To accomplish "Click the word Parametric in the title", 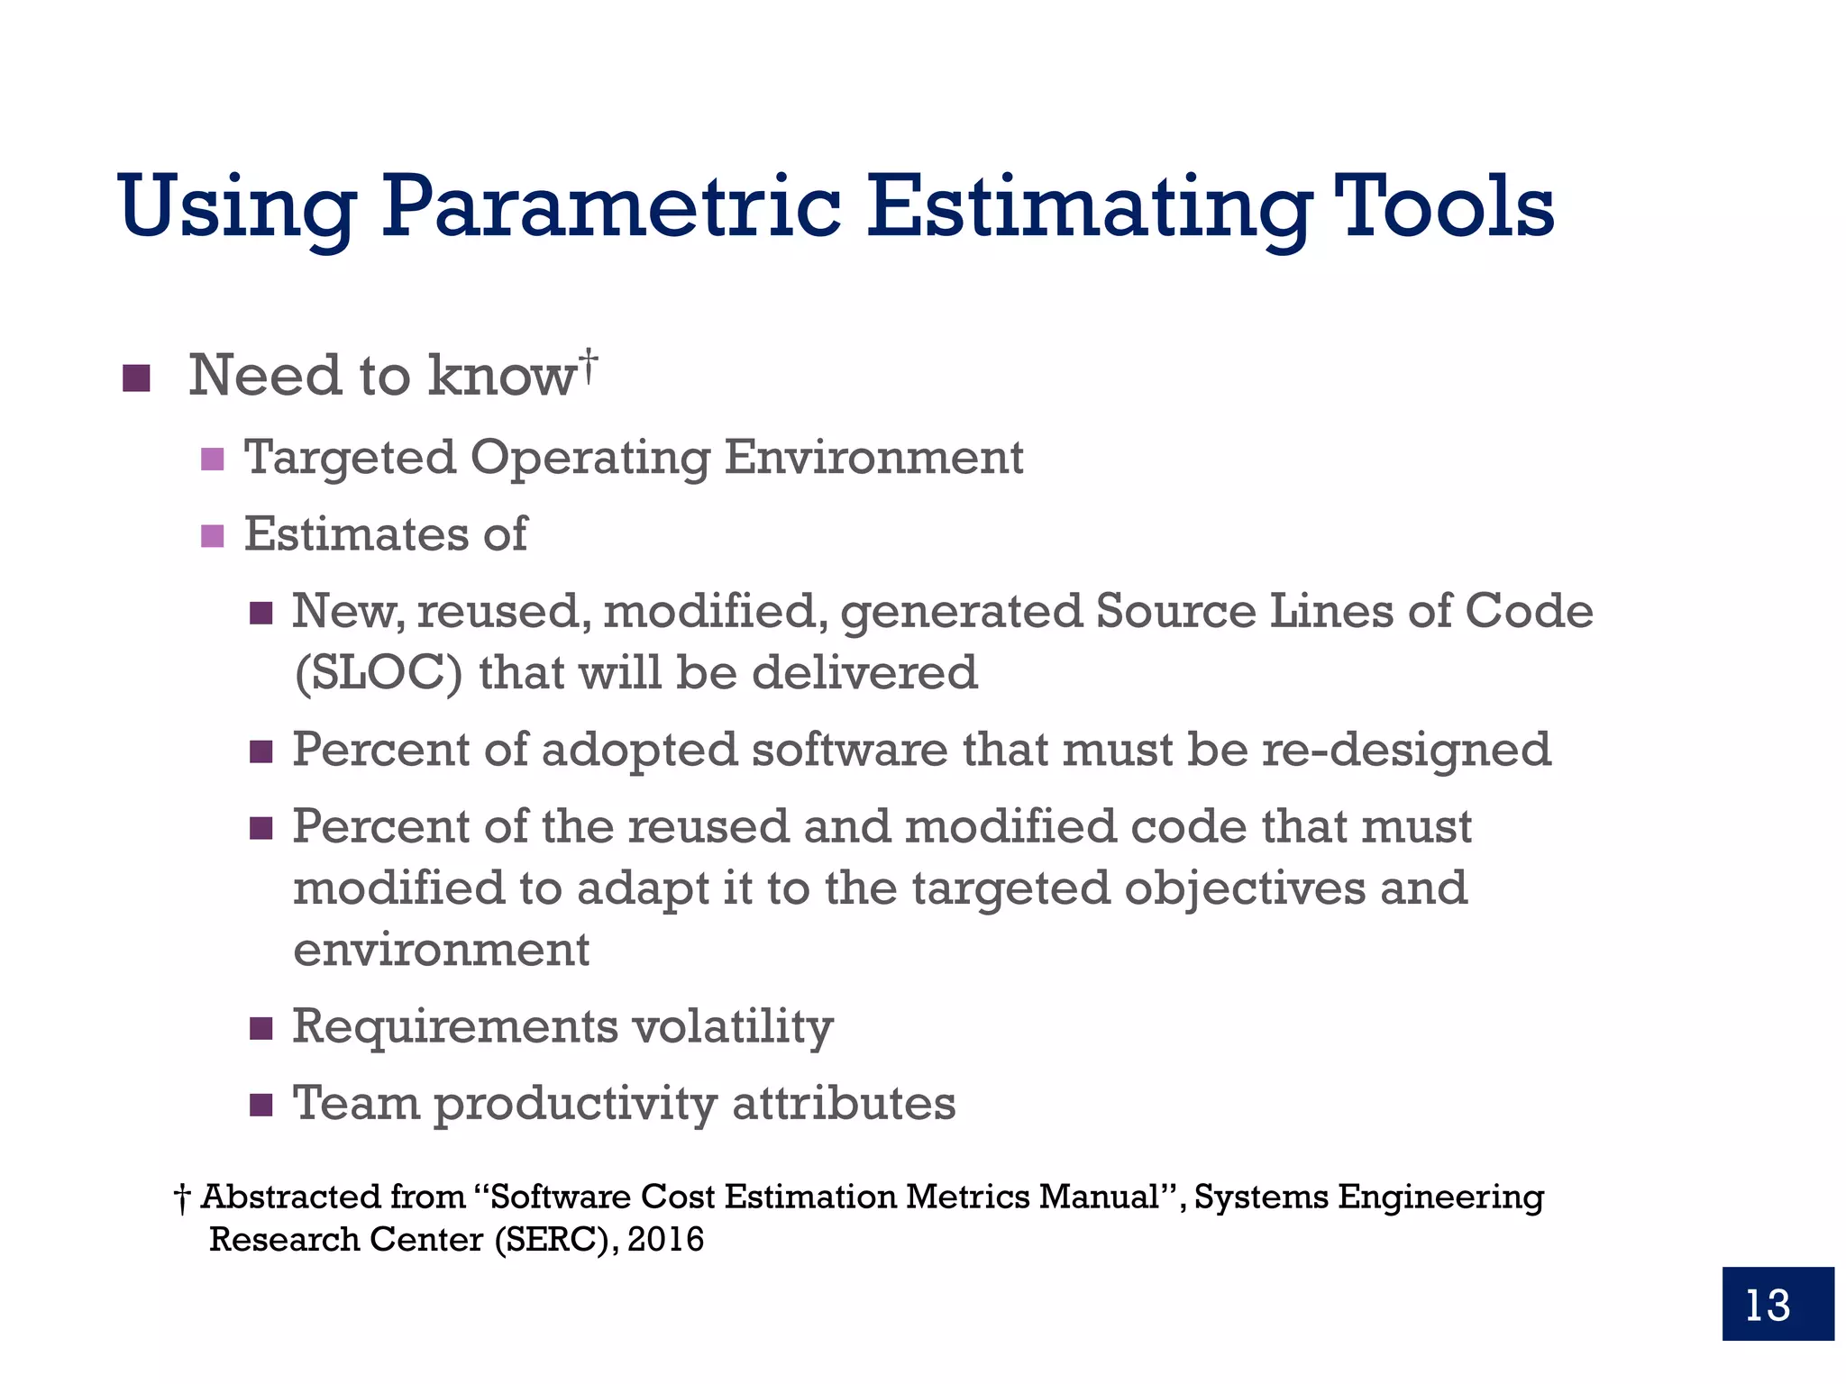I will (610, 209).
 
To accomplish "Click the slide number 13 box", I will (1777, 1303).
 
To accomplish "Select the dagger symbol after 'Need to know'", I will (589, 366).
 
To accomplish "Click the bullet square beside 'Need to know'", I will (136, 378).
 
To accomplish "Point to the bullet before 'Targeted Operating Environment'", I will (212, 460).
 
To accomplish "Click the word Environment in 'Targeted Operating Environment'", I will (873, 457).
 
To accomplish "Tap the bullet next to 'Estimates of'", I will (212, 536).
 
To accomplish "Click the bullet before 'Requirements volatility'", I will (260, 1028).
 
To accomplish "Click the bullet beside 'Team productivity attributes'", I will (260, 1105).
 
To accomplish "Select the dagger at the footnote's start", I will (182, 1199).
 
